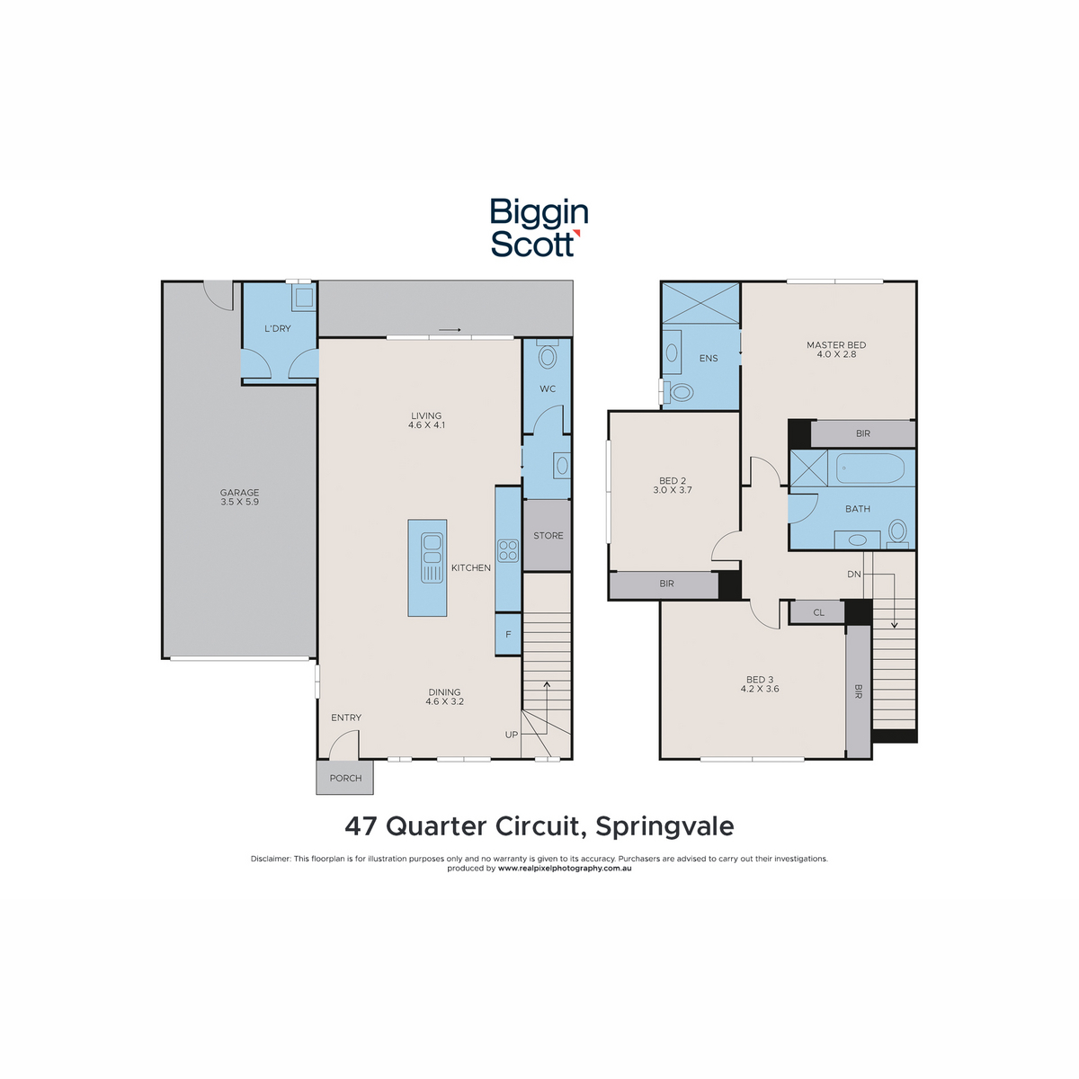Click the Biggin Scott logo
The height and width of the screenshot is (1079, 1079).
coord(539,227)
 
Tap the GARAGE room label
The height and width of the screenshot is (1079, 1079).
coord(240,493)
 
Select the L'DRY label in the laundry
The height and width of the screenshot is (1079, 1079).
coord(278,329)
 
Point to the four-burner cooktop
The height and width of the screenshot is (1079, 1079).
coord(508,550)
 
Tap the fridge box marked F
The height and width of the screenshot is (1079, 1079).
coord(508,634)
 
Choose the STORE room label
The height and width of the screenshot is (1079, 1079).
coord(548,536)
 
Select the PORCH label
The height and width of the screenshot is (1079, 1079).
coord(345,779)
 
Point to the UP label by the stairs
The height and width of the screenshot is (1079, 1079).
coord(512,735)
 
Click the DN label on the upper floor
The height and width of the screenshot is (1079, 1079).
coord(854,574)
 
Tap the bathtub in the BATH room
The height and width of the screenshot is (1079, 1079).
coord(870,468)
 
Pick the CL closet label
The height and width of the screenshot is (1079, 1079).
coord(818,612)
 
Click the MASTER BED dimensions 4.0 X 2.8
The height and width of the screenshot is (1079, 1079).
coord(836,354)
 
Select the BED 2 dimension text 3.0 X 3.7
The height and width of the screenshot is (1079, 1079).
coord(673,490)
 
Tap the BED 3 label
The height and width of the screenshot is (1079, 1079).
coord(760,680)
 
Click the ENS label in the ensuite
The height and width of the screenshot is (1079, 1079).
coord(709,359)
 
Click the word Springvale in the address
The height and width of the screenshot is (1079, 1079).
coord(664,826)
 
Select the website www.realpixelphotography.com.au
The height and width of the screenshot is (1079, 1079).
coord(565,869)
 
